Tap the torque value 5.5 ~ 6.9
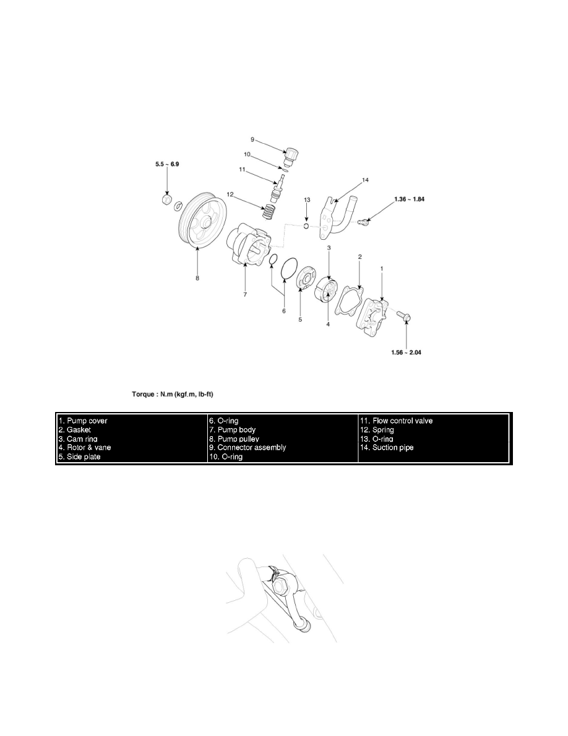[167, 164]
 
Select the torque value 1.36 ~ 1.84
[409, 199]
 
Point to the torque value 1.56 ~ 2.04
[406, 352]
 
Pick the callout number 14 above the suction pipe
[365, 180]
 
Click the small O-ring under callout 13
[306, 226]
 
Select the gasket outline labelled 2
[351, 300]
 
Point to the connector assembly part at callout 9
[291, 156]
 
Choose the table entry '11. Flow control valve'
[397, 421]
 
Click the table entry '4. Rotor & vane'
[85, 447]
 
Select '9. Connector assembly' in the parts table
[248, 447]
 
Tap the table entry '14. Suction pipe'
[387, 447]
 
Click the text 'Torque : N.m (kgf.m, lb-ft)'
[173, 394]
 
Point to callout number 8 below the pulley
[197, 278]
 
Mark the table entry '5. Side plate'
[79, 457]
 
